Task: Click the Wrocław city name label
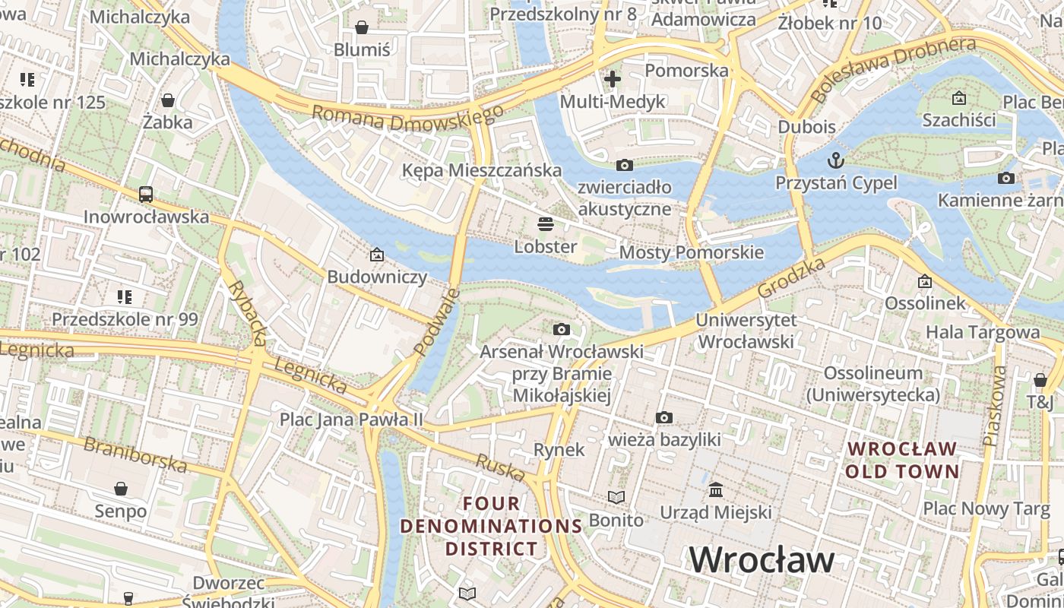[x=762, y=560]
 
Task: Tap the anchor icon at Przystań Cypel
[x=836, y=160]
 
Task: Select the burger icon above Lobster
[x=546, y=224]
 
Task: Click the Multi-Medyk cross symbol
[x=613, y=78]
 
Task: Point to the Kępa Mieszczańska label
[x=482, y=170]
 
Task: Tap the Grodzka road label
[x=792, y=278]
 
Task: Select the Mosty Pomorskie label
[x=692, y=252]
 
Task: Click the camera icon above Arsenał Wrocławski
[x=562, y=329]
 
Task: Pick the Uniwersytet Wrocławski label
[x=746, y=331]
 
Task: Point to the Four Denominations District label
[x=491, y=526]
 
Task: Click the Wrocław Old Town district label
[x=902, y=460]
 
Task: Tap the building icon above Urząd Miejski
[x=716, y=489]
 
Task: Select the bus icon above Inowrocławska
[x=146, y=195]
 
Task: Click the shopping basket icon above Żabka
[x=168, y=100]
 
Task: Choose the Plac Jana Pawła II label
[x=351, y=419]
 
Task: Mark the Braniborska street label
[x=135, y=454]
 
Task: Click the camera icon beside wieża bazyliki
[x=664, y=417]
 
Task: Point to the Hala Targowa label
[x=982, y=332]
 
